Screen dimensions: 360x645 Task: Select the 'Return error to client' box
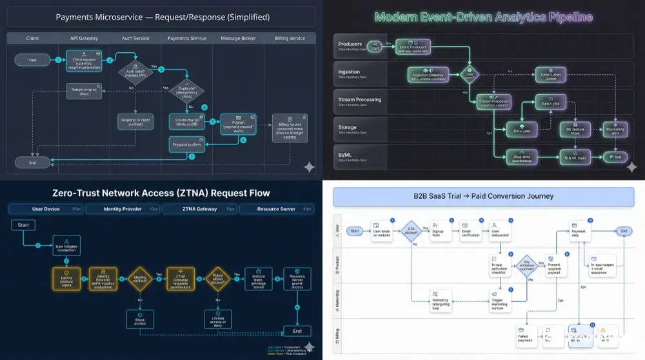point(84,91)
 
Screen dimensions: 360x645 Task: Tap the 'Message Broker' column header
point(239,38)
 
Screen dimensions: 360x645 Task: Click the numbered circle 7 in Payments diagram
point(192,157)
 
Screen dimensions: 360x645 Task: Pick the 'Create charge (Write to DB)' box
point(186,121)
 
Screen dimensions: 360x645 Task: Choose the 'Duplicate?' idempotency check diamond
point(187,91)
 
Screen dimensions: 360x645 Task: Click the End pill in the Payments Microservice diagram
point(32,163)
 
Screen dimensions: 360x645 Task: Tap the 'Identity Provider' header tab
point(123,209)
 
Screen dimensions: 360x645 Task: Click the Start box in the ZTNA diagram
point(23,225)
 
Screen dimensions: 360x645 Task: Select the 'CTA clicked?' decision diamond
point(411,231)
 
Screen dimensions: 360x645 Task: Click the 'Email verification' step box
point(471,233)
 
